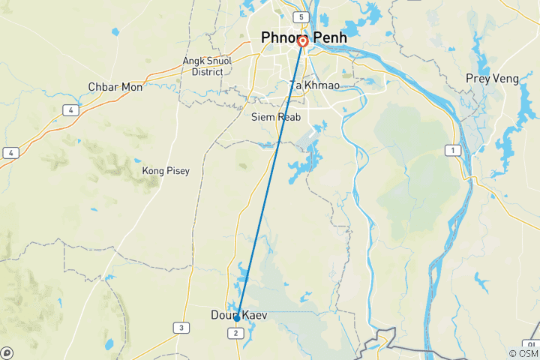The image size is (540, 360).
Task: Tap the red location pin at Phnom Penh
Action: tap(302, 42)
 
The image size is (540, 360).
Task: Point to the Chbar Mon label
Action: tap(115, 87)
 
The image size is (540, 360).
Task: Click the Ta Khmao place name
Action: tap(315, 85)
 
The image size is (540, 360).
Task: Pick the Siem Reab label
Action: tap(275, 117)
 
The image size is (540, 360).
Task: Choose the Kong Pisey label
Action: tap(166, 171)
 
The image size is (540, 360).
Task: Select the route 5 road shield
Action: tap(301, 16)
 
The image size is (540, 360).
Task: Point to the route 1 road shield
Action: tap(453, 151)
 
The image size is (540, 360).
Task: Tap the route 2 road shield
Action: tap(236, 332)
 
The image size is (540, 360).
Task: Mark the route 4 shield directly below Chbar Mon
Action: tap(70, 109)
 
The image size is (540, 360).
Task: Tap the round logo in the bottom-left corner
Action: tap(7, 352)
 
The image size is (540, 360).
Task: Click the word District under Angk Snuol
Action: tap(207, 72)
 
